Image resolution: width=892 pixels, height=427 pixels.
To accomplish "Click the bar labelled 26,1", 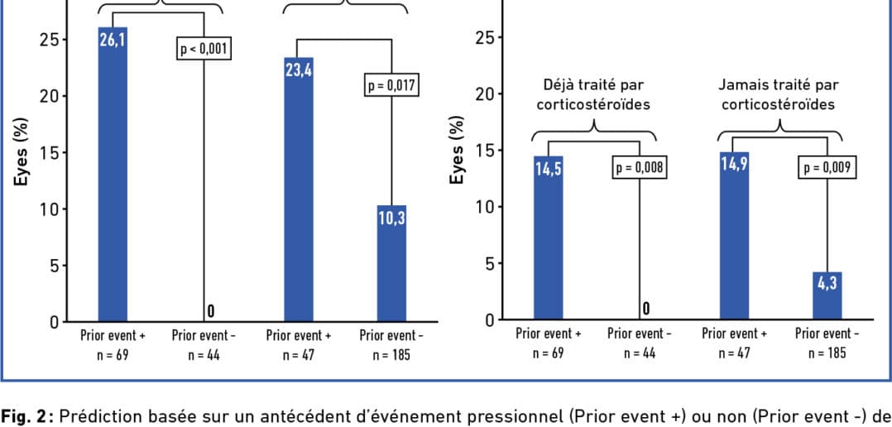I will [113, 174].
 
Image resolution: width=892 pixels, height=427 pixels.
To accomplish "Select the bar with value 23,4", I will [299, 189].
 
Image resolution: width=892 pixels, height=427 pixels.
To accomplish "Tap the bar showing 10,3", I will [391, 262].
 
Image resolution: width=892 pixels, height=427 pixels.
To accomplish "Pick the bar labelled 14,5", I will [548, 237].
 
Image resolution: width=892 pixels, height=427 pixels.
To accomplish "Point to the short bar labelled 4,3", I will [827, 295].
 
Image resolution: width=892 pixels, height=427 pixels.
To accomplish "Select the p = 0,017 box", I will [391, 85].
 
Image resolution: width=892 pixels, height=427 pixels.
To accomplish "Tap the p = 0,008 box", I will [640, 168].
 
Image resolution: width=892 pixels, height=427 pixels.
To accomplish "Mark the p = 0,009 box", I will [827, 168].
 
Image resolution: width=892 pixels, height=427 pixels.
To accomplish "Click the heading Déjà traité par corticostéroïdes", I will [593, 94].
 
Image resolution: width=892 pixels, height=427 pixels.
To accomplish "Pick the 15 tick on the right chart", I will [485, 151].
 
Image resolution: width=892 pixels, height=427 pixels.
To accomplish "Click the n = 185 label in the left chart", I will [391, 356].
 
